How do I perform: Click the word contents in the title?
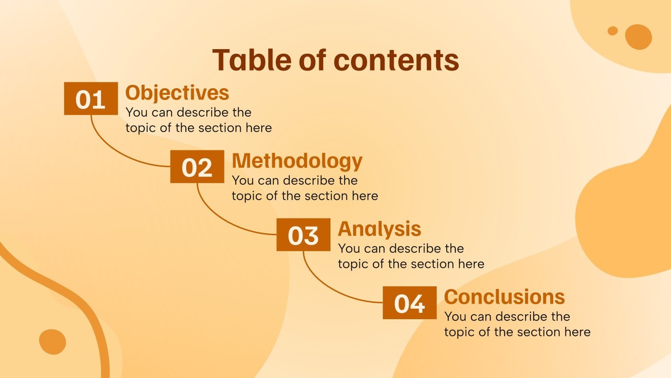pos(396,60)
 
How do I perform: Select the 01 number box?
pos(91,98)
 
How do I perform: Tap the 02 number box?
pos(197,166)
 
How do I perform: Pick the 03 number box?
pos(304,235)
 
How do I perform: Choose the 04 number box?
pos(410,303)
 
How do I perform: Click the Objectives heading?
pos(177,93)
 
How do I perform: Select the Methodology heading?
pos(297,162)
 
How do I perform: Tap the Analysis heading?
pos(380,229)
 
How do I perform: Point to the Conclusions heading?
pos(505,297)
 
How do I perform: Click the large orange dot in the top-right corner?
pos(638,37)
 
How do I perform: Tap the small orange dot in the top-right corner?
pos(613,31)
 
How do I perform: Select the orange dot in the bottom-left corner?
pos(52,342)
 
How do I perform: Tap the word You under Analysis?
pos(348,249)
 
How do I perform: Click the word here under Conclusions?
pos(577,332)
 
